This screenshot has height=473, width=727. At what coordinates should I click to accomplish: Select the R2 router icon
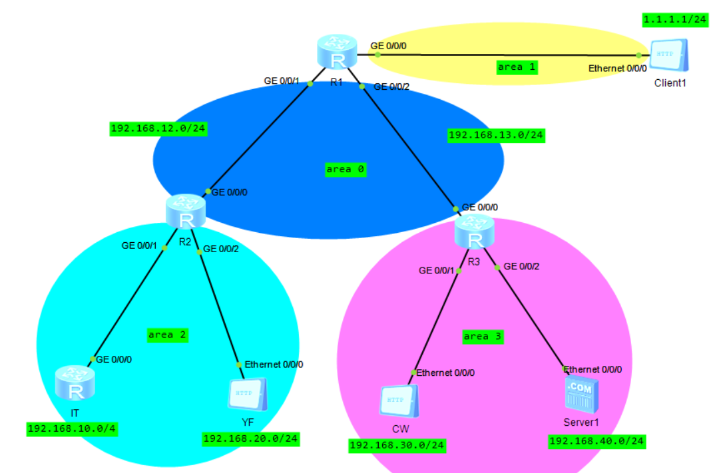pos(186,211)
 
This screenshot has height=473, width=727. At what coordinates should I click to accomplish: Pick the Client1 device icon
pos(669,56)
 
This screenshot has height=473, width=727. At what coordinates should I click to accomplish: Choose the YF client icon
pos(247,396)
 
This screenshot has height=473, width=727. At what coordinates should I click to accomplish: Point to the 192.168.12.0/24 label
pos(158,129)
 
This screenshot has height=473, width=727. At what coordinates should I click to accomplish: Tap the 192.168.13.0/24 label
pos(496,136)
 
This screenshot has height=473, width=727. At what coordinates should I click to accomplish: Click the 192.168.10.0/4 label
pos(72,429)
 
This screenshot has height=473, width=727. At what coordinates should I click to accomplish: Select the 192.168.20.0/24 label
pos(250,438)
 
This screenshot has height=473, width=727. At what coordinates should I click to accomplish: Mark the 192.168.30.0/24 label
pos(397,445)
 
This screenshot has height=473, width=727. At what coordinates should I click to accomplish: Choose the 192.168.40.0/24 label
pos(597,441)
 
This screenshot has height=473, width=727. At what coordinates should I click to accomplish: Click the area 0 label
pos(345,170)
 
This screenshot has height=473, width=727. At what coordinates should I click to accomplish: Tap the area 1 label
pos(517,67)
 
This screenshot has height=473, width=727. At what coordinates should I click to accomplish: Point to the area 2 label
pos(167,335)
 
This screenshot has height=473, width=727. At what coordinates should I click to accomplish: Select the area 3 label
pos(483,337)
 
